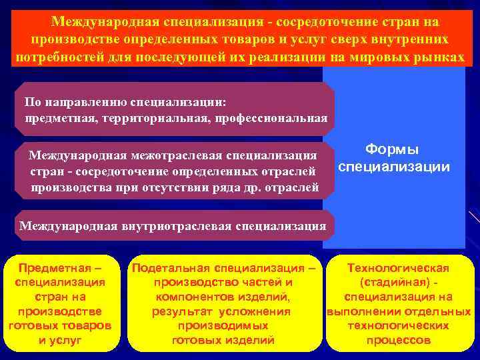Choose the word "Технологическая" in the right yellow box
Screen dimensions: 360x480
[399, 268]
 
